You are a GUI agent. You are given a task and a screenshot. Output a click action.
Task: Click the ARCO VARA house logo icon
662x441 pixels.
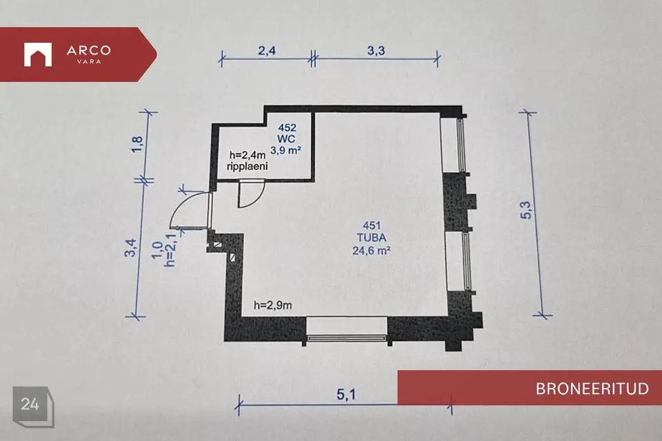(x=38, y=54)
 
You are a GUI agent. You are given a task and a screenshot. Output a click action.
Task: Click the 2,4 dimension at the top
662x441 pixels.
(x=267, y=50)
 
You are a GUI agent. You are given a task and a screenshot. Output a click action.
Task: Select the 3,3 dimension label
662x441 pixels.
(x=376, y=50)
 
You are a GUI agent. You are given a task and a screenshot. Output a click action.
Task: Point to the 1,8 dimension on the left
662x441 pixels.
(x=137, y=144)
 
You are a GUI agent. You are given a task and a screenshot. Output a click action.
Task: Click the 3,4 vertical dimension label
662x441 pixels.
(x=130, y=248)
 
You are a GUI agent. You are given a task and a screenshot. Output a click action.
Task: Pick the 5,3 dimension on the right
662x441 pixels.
(x=525, y=209)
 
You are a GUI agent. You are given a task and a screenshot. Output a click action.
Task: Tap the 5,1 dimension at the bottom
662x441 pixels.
(x=346, y=395)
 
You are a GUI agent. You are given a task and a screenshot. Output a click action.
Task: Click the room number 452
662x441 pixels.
(x=287, y=127)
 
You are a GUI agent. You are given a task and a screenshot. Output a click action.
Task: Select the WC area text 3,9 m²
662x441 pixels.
(x=285, y=150)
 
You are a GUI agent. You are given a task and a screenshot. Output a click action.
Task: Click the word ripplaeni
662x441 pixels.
(x=248, y=166)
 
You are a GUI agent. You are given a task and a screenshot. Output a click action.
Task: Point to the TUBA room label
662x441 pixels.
(x=372, y=238)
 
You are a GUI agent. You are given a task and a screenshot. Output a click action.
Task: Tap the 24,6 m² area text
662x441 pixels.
(x=372, y=251)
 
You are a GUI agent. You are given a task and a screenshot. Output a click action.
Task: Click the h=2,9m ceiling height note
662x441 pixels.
(x=273, y=305)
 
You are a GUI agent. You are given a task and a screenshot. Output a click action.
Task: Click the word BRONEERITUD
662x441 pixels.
(x=592, y=389)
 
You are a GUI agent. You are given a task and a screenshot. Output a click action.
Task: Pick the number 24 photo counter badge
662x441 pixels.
(x=30, y=404)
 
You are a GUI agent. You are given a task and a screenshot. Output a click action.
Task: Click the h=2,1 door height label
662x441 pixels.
(x=170, y=251)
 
